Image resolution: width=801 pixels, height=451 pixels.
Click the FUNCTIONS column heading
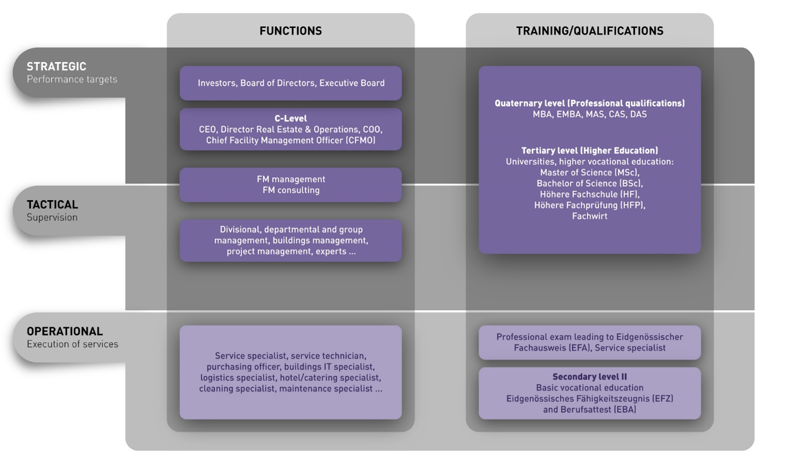(x=290, y=31)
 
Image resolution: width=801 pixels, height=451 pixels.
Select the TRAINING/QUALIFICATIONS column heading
(x=589, y=31)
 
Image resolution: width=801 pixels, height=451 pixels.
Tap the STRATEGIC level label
(x=56, y=67)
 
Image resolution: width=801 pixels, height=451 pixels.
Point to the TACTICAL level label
(x=52, y=205)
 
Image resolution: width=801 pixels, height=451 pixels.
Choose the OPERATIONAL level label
(x=65, y=332)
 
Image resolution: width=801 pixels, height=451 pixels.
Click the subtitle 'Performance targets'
(x=72, y=79)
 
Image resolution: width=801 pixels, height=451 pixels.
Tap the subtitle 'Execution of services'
(x=72, y=344)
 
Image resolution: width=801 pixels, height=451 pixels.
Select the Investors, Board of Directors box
(x=291, y=83)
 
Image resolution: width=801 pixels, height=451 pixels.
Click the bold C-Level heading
(x=291, y=118)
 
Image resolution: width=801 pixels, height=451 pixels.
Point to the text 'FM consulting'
(x=291, y=190)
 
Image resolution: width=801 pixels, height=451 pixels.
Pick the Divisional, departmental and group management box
(x=291, y=240)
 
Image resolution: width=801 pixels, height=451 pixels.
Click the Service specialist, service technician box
(x=291, y=372)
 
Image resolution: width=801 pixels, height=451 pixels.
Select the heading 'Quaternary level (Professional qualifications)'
(x=589, y=103)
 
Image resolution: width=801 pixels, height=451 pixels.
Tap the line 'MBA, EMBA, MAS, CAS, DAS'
(x=589, y=114)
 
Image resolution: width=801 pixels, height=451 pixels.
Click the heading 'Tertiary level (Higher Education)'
(x=589, y=151)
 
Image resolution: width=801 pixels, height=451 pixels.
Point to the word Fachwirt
(x=589, y=216)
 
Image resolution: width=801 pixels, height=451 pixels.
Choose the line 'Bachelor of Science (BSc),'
(x=589, y=184)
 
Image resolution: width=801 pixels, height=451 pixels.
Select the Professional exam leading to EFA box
(x=589, y=342)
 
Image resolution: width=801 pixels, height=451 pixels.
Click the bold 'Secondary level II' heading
(x=589, y=377)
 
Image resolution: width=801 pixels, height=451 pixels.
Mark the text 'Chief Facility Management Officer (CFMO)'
(x=291, y=140)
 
